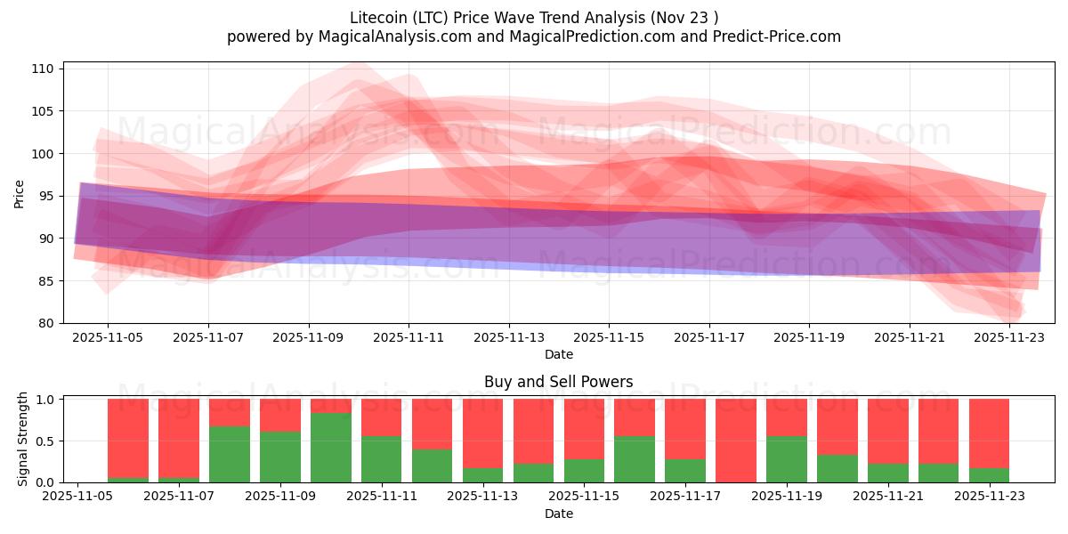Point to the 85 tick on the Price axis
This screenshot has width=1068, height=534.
[46, 281]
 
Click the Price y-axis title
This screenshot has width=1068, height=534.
[20, 194]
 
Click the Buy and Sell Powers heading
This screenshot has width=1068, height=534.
[558, 382]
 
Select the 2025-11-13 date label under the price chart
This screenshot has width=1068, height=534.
[509, 338]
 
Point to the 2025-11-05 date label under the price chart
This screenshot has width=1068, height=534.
[109, 338]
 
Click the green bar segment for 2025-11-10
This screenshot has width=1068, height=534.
[331, 448]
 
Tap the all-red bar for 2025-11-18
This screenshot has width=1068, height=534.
[736, 441]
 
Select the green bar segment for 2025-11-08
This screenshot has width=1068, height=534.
[230, 455]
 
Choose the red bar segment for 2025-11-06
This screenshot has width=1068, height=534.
[128, 436]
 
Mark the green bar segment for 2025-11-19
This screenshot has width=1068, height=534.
[787, 459]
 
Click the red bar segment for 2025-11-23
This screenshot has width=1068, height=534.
[989, 433]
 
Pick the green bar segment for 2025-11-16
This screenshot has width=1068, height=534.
[635, 459]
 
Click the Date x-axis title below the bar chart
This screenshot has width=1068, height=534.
[558, 514]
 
